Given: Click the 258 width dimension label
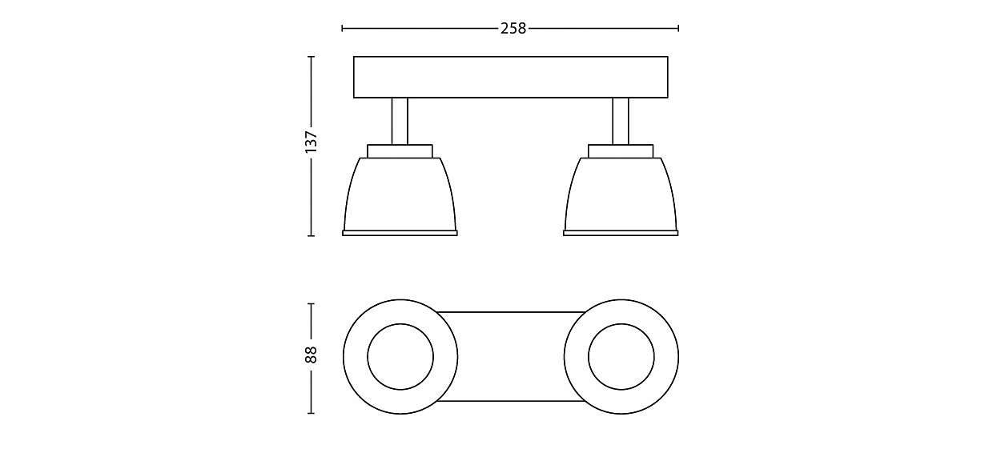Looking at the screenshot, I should [x=513, y=28].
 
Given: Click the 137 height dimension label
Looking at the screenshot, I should [x=312, y=142].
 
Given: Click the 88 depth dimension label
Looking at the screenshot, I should [x=312, y=355].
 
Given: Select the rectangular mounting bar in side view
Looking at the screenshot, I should [x=511, y=77].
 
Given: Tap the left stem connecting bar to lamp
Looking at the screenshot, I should [x=400, y=121].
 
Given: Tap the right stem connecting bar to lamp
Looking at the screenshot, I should [x=621, y=121].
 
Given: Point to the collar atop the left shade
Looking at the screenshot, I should [x=400, y=150].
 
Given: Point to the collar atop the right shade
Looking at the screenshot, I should [x=621, y=150].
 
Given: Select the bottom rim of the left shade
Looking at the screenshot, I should [x=400, y=233].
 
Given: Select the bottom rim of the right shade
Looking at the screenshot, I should [x=621, y=233].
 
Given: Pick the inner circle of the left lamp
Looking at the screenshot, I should [x=400, y=357].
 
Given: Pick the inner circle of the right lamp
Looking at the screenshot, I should [x=621, y=357].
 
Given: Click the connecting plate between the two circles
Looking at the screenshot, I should [x=511, y=356].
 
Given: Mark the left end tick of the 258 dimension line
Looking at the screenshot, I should [x=342, y=28].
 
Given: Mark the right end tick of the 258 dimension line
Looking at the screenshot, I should [x=679, y=28].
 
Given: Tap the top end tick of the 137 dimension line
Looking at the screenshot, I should [x=312, y=57].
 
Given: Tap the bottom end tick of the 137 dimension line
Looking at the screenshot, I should [x=312, y=236].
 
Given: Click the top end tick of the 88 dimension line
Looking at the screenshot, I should [x=312, y=303].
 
